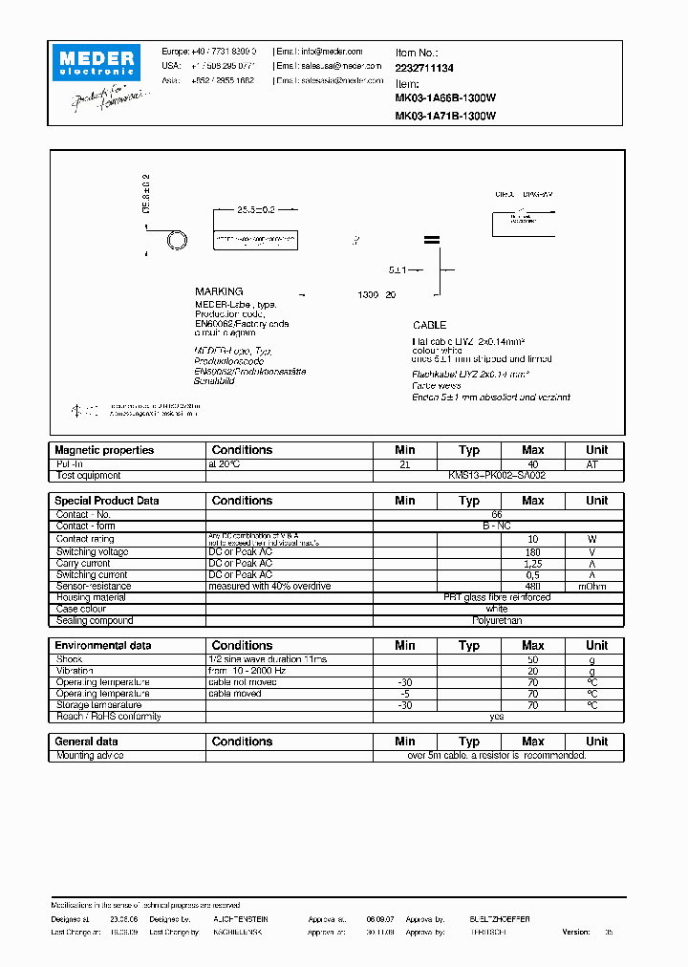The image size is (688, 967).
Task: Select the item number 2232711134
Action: (424, 69)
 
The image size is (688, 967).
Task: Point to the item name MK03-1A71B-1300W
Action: (445, 116)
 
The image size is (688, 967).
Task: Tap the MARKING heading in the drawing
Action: (219, 291)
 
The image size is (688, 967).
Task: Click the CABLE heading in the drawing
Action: (429, 326)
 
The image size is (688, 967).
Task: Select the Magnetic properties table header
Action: (104, 450)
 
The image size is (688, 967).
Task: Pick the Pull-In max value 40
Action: (532, 463)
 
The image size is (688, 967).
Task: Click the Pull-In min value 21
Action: (404, 463)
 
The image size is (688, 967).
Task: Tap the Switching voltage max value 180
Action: (532, 552)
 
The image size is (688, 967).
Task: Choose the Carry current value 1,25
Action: (532, 564)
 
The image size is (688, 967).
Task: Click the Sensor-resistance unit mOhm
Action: (596, 587)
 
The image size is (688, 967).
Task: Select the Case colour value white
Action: (498, 610)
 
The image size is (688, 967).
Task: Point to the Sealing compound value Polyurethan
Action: (498, 621)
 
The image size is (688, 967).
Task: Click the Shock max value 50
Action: (532, 659)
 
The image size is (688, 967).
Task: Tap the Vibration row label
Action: (75, 671)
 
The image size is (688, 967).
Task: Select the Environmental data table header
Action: (102, 646)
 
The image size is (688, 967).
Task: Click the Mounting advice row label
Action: (90, 755)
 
